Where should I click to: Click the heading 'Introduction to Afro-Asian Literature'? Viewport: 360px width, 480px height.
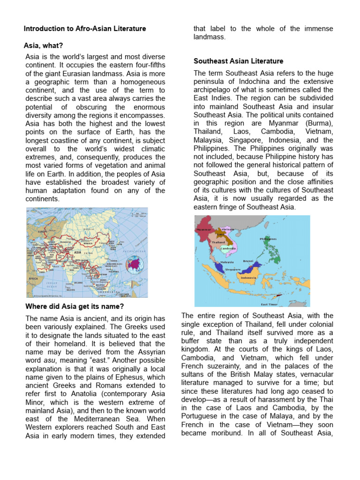[85, 29]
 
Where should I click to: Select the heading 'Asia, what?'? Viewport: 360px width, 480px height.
[43, 45]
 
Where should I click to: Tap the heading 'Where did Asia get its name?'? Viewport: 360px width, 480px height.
[74, 307]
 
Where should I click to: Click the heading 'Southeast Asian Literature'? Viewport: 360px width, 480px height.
[239, 61]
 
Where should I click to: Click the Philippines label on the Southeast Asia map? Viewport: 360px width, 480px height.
[268, 239]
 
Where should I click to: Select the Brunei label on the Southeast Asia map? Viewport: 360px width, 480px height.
[248, 261]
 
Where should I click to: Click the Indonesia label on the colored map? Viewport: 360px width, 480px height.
[248, 277]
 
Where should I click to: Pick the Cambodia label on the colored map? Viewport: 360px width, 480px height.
[228, 248]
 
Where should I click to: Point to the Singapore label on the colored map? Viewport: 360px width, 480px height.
[232, 270]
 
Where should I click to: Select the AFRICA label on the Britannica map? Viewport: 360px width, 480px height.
[33, 278]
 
